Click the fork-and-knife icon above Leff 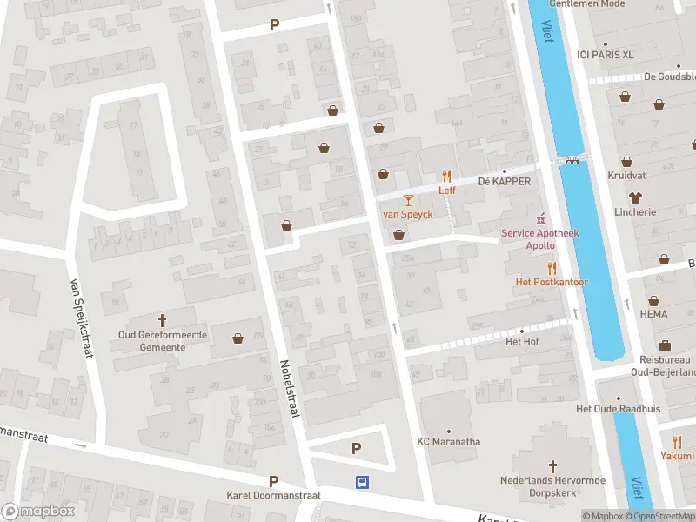pyautogui.click(x=447, y=175)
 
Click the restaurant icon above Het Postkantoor pyautogui.click(x=552, y=268)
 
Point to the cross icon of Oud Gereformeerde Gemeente pyautogui.click(x=161, y=319)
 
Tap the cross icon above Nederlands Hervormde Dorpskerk pyautogui.click(x=552, y=466)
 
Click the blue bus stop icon pyautogui.click(x=360, y=482)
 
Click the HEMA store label pyautogui.click(x=653, y=313)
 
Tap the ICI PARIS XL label pyautogui.click(x=606, y=54)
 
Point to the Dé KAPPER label pyautogui.click(x=505, y=182)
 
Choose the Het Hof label pyautogui.click(x=522, y=341)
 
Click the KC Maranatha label pyautogui.click(x=448, y=442)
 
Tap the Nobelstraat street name pyautogui.click(x=289, y=390)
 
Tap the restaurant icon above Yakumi pyautogui.click(x=677, y=441)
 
